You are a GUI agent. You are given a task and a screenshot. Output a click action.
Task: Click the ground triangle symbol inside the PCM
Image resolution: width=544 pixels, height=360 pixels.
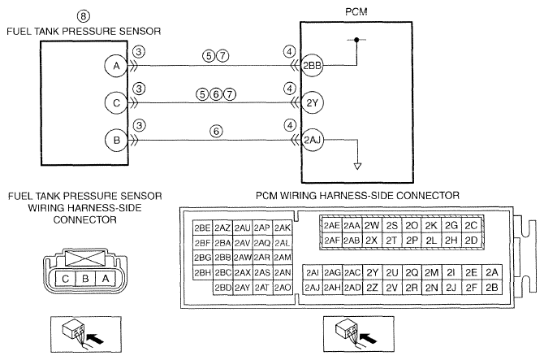357,167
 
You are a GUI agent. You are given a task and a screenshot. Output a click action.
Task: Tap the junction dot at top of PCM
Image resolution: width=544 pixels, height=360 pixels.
356,40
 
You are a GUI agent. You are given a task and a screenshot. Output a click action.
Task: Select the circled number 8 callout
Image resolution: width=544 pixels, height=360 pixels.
83,16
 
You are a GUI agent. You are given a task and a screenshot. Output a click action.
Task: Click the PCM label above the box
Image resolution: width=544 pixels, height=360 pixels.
356,12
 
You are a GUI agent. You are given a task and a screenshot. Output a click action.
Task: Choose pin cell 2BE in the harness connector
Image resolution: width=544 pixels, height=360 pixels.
203,228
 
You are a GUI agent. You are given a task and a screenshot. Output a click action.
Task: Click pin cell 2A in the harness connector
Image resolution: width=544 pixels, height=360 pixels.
491,272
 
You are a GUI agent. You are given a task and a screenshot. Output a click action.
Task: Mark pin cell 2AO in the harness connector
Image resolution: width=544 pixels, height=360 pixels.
283,288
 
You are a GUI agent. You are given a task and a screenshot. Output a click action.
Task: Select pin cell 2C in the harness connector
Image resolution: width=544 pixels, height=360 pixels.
471,226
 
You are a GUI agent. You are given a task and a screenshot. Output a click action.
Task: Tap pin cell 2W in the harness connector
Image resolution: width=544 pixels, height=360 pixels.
372,226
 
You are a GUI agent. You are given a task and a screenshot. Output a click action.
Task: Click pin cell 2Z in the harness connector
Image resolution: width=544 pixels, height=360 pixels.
372,288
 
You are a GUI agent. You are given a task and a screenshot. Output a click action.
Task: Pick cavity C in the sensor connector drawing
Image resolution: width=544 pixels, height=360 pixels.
65,279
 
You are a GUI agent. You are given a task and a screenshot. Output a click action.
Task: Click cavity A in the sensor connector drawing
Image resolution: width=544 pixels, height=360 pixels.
106,279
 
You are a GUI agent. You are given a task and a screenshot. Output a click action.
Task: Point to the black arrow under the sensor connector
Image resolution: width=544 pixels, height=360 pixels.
94,338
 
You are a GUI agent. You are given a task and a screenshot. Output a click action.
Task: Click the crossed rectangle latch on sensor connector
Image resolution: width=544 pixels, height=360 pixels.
85,258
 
